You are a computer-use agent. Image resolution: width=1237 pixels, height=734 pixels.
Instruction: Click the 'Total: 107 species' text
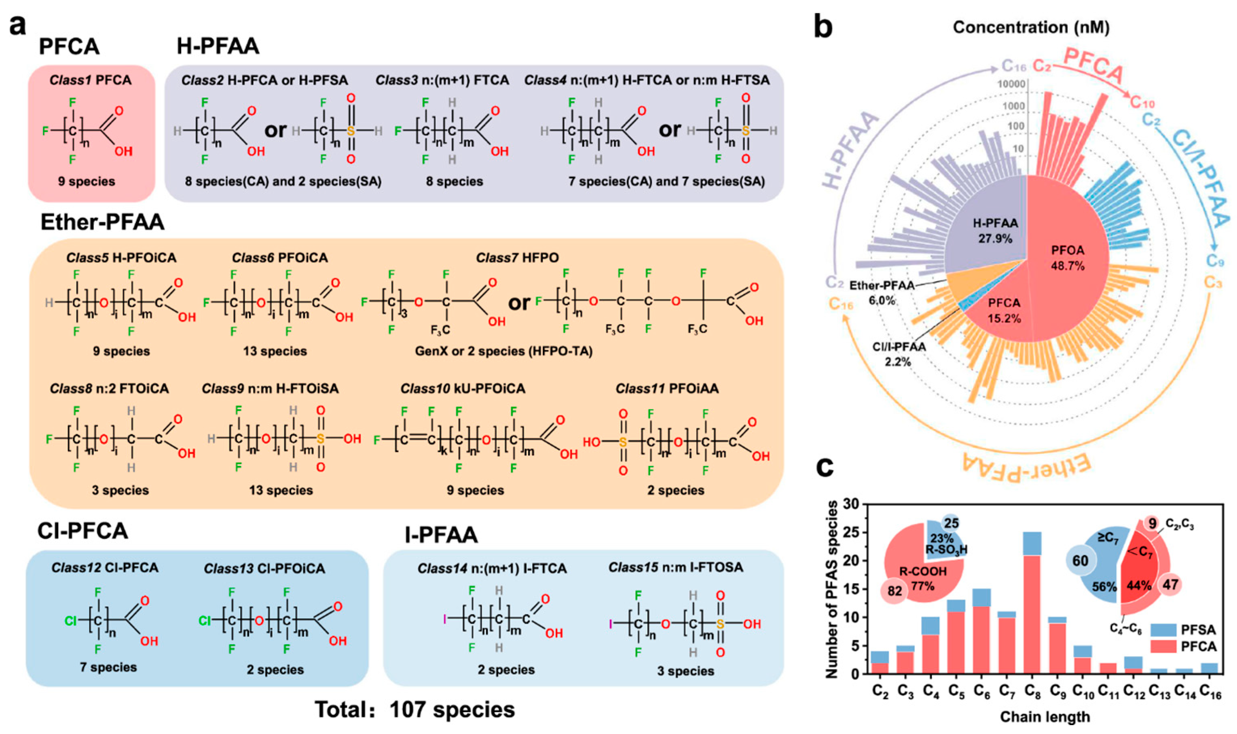415,710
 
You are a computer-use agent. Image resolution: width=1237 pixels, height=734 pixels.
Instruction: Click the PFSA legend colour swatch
1163,630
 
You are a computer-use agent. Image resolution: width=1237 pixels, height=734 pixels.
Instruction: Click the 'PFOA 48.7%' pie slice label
1067,257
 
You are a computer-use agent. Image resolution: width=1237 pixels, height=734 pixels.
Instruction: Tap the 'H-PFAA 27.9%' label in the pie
995,231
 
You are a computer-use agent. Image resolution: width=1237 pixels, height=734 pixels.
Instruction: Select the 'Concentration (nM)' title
1031,27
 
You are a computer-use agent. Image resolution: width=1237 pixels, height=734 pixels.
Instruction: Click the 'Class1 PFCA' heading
91,80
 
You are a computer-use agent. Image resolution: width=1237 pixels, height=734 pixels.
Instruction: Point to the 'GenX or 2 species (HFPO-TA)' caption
503,351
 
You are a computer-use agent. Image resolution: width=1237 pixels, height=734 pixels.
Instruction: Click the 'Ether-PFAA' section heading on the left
102,222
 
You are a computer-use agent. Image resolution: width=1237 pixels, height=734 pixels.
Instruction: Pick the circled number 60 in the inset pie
1080,561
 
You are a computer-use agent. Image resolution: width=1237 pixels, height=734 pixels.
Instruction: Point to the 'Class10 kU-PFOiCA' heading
463,389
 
